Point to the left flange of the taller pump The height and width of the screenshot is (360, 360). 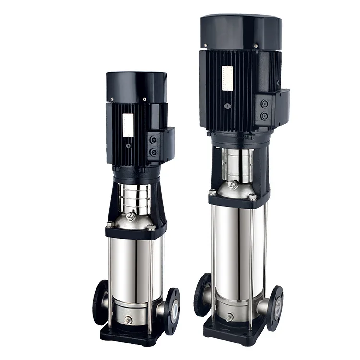pos(202,294)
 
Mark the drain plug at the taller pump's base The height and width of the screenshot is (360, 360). pos(229,317)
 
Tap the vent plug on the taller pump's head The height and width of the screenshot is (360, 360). pos(233,184)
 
